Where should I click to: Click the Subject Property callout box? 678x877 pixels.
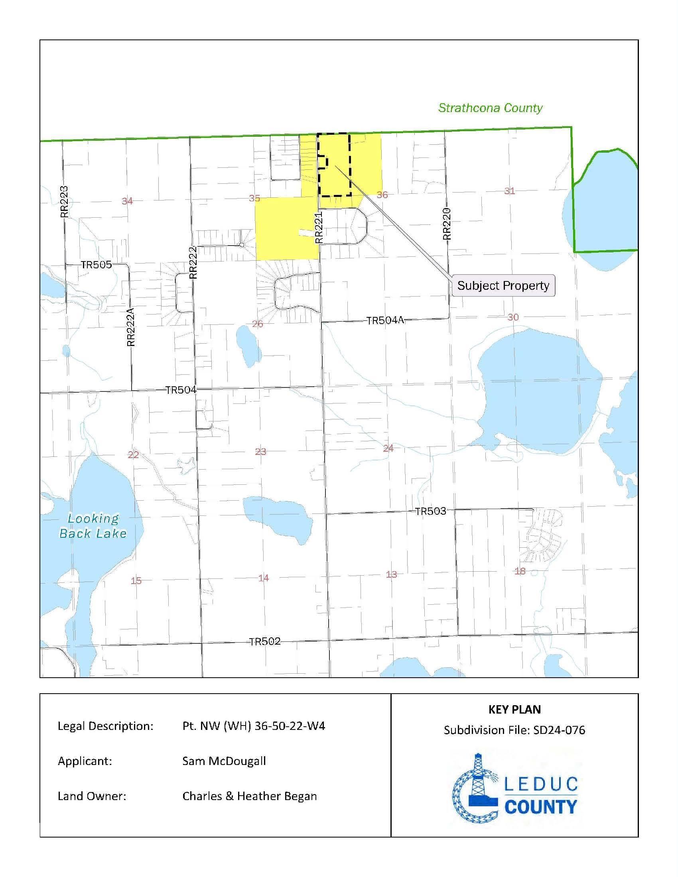coord(503,285)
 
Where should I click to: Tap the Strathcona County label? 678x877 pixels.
coord(490,108)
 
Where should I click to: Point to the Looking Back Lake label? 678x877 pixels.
coord(93,526)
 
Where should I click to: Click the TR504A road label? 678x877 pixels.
coord(385,321)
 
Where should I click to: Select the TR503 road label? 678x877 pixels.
coord(430,511)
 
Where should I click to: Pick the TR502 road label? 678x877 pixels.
coord(265,641)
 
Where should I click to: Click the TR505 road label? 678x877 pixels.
coord(96,265)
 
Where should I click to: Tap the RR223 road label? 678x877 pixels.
coord(64,202)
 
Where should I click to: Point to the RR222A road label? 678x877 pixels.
coord(131,327)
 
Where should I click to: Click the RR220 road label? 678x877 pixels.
coord(447,224)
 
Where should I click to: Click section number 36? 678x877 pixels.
coord(382,195)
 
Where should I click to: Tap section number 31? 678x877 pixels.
coord(509,191)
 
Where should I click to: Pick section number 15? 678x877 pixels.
coord(136,580)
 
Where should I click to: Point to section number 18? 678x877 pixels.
coord(520,571)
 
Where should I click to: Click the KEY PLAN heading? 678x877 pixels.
coord(514,710)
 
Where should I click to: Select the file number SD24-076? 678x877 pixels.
coord(559,730)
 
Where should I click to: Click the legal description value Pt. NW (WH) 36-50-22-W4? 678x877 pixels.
coord(253,726)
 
